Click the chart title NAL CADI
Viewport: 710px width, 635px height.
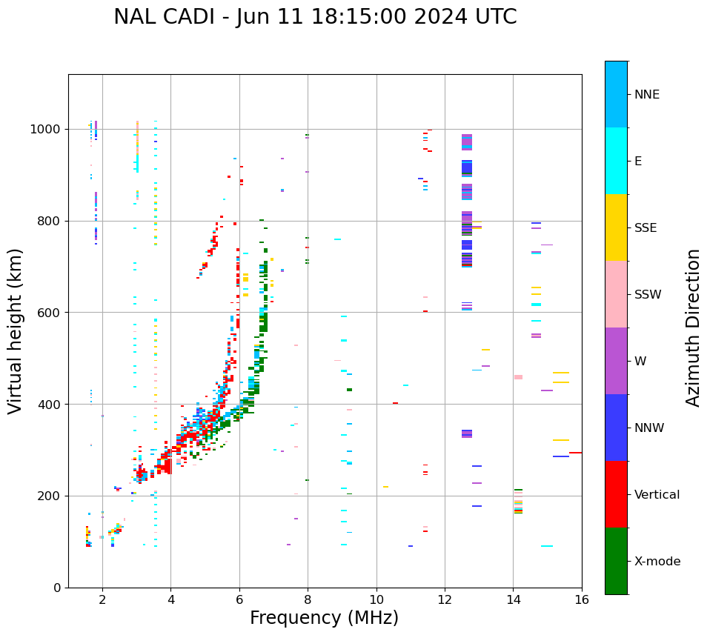pos(315,17)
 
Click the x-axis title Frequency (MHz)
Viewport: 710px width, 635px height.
pos(324,618)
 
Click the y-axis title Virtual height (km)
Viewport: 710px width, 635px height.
pos(16,331)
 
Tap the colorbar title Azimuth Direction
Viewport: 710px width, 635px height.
pos(693,328)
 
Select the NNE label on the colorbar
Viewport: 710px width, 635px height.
pos(646,95)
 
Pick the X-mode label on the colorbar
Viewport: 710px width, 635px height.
pos(657,562)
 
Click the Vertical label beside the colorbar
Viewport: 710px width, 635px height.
pos(657,495)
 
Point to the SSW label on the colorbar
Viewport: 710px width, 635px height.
pos(648,295)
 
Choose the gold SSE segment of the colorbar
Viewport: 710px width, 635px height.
pos(616,227)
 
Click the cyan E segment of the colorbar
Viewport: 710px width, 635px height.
pos(616,161)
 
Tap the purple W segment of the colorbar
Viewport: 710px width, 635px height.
pos(616,361)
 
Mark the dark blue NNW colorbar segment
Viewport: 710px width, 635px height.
pos(616,428)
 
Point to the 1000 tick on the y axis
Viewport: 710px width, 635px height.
pos(48,130)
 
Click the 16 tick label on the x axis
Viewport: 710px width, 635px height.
pos(582,600)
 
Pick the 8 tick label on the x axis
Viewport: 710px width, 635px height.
pos(308,600)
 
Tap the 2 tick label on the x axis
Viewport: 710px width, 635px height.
pos(102,600)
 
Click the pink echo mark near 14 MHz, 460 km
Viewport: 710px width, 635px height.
pos(518,377)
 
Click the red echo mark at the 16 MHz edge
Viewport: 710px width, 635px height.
pos(575,453)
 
